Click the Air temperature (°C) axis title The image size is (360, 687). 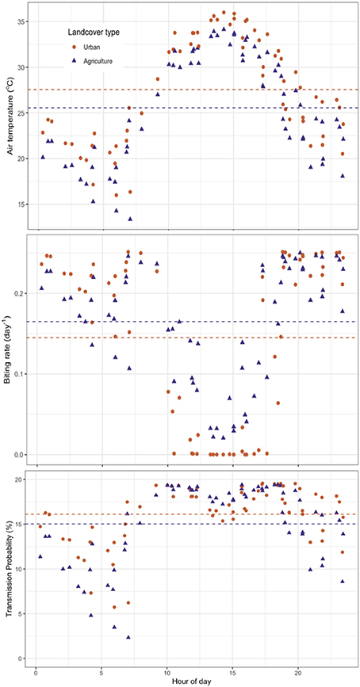pos(9,114)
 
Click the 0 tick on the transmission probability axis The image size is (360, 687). pos(21,658)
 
